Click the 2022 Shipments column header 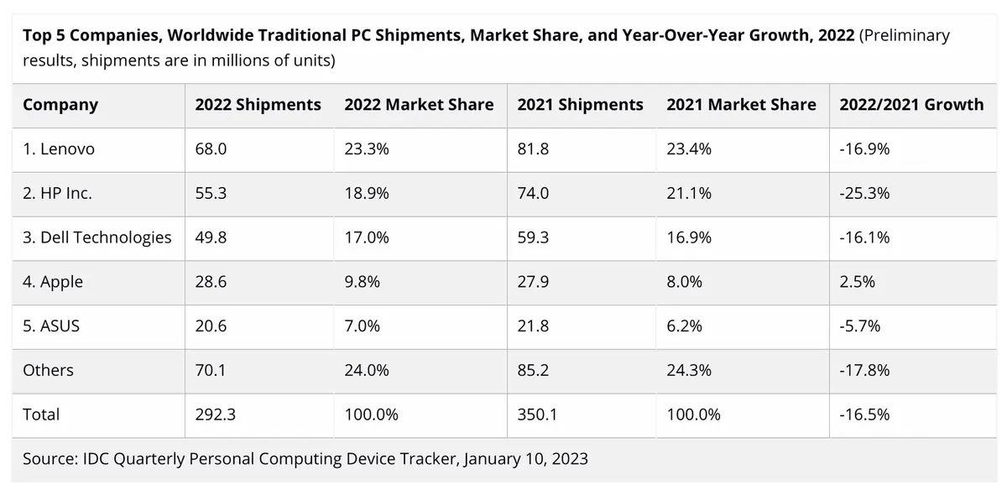tap(258, 105)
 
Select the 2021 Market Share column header tap(741, 105)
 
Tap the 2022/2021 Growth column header tap(911, 105)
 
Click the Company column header tap(60, 105)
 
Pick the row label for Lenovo tap(59, 149)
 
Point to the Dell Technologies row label tap(97, 237)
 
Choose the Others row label tap(48, 370)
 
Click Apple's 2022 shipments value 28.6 tap(211, 282)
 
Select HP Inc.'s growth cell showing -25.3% tap(864, 193)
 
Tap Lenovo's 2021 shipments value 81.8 tap(533, 149)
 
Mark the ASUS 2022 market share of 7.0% tap(362, 326)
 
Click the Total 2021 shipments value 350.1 tap(537, 414)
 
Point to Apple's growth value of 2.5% tap(857, 282)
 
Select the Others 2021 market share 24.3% tap(689, 370)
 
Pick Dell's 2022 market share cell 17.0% tap(366, 237)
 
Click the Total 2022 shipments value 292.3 tap(215, 414)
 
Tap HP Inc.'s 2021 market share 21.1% tap(689, 193)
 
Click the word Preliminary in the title tap(905, 36)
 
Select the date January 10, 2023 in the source tap(524, 459)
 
